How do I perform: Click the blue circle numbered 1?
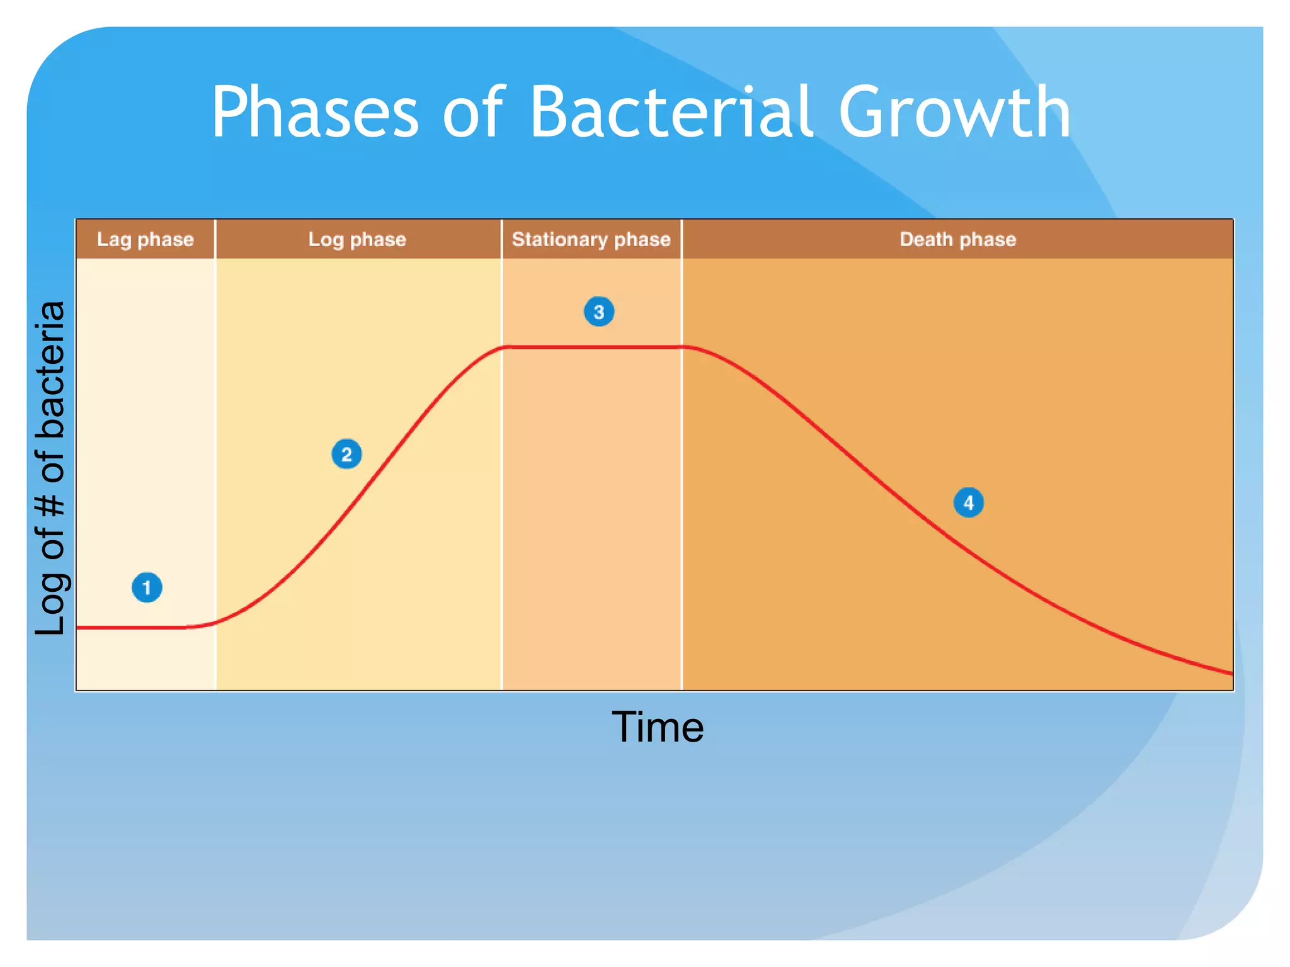[147, 587]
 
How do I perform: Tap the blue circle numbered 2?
[346, 454]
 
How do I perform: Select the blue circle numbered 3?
[599, 312]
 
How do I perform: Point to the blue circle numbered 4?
[969, 502]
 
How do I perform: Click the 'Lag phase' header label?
[145, 239]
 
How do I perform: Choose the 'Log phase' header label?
[357, 239]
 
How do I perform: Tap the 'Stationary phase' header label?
[591, 239]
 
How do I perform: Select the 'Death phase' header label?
[957, 239]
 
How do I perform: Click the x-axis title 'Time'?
[658, 727]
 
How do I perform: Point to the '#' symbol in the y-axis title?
[50, 505]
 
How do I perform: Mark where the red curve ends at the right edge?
[1231, 674]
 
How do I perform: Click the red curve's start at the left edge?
[78, 628]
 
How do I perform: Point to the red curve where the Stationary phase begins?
[503, 348]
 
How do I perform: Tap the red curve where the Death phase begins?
[682, 347]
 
